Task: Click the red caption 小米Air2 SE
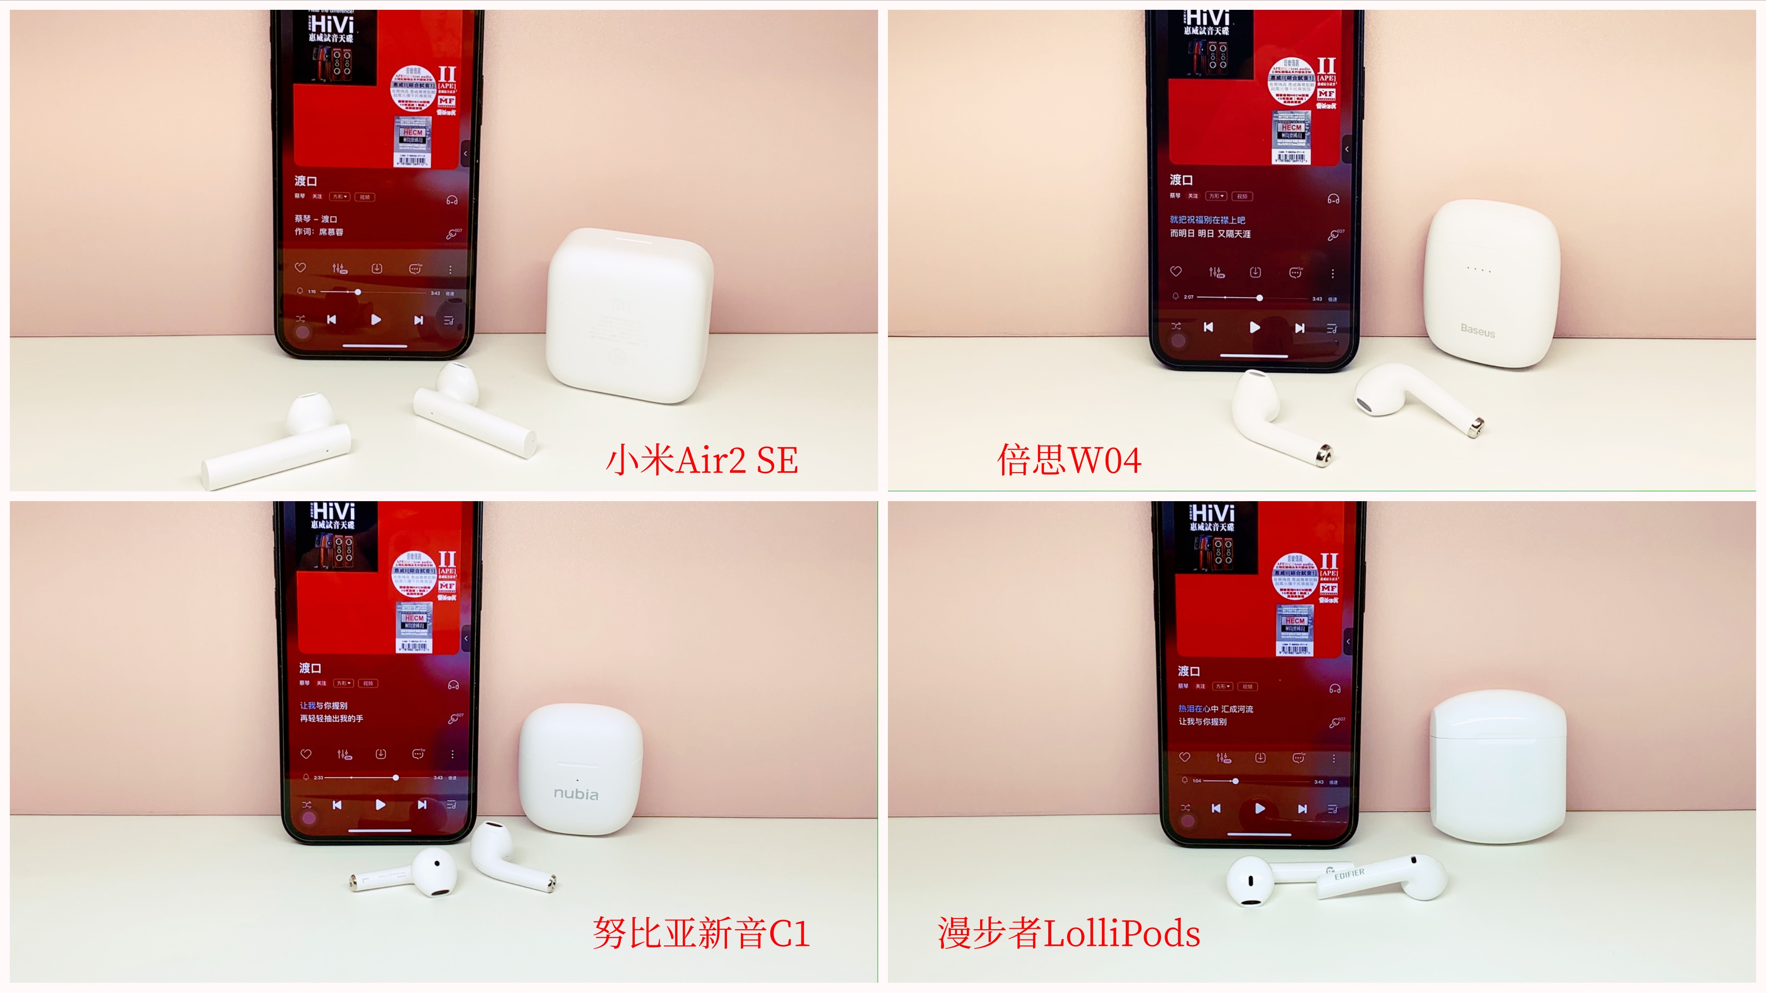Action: [x=701, y=460]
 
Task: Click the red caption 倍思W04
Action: [x=1068, y=460]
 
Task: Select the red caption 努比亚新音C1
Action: [x=701, y=933]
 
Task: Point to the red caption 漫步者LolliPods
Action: [x=1068, y=933]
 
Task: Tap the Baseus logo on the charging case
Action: [x=1478, y=331]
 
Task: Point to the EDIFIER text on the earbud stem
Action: [x=1349, y=874]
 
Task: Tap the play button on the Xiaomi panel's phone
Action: [x=376, y=319]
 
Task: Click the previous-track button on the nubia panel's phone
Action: [x=337, y=805]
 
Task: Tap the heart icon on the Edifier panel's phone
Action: [x=1184, y=757]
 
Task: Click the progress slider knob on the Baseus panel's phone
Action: [x=1259, y=298]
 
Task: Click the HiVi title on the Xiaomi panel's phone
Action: [x=333, y=24]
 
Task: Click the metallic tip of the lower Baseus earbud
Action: [x=1324, y=453]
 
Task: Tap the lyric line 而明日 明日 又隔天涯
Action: [x=1210, y=234]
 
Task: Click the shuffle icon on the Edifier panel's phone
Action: [x=1185, y=808]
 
